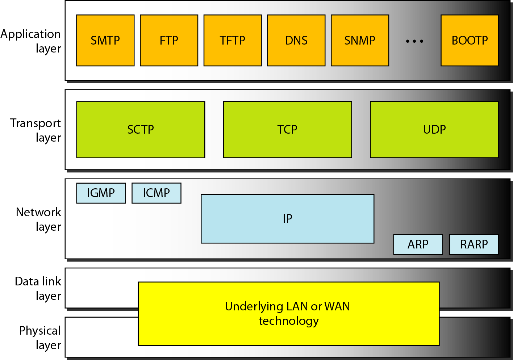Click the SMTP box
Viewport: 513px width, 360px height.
(105, 41)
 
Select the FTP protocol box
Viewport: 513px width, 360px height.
(169, 41)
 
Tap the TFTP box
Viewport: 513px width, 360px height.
(233, 41)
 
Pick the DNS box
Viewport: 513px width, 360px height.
(296, 41)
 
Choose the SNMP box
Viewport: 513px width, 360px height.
(360, 41)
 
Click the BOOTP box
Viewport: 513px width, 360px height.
(470, 41)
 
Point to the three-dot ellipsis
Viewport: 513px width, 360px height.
(414, 41)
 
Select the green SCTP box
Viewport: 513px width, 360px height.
(141, 130)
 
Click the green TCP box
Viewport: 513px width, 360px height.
(288, 130)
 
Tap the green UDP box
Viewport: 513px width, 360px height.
(434, 130)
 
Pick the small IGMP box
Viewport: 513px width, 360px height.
(101, 193)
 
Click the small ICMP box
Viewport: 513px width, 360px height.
(157, 193)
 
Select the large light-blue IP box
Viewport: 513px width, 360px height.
(288, 219)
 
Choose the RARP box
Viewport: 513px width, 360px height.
(474, 244)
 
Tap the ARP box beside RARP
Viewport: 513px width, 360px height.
(418, 244)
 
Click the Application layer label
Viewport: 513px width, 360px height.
(31, 41)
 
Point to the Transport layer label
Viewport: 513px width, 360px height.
(36, 130)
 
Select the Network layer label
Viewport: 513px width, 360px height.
(39, 219)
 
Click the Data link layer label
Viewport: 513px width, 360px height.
(38, 289)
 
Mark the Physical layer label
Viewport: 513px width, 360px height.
(40, 338)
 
